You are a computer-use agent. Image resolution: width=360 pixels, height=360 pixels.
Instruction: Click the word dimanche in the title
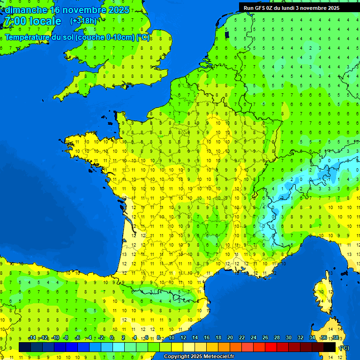click(25, 10)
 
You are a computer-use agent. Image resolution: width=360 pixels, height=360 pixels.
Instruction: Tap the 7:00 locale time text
click(32, 21)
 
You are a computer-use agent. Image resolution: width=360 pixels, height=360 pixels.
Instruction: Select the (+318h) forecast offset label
click(83, 21)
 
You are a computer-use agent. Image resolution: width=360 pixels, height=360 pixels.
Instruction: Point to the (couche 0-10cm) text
click(105, 37)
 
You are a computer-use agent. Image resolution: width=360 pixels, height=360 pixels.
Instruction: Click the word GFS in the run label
click(260, 8)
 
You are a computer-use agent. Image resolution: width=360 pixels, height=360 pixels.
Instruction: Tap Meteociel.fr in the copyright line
click(216, 357)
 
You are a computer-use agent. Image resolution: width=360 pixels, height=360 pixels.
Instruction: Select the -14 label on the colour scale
click(32, 338)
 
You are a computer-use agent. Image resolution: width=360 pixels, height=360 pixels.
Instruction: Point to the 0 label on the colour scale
click(112, 338)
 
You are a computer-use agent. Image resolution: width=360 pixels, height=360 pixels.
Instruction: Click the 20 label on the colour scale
click(230, 338)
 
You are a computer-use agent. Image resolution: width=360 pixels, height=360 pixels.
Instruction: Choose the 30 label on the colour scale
click(288, 338)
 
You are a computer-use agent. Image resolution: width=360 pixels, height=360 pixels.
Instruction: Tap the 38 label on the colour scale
click(335, 338)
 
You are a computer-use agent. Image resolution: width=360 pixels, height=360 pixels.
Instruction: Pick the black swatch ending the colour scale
click(330, 347)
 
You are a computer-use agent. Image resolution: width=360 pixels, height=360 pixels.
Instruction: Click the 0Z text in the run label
click(273, 8)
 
